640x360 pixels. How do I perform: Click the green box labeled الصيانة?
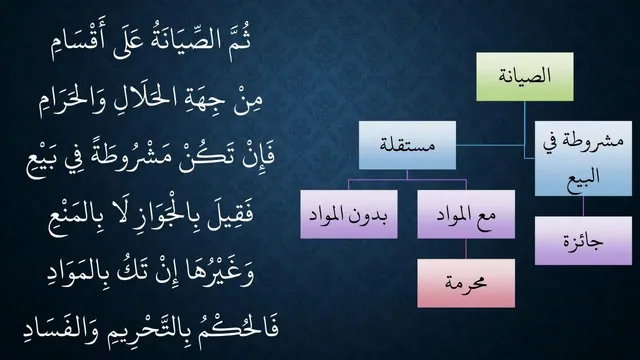(524, 77)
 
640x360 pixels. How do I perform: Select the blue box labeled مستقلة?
(407, 145)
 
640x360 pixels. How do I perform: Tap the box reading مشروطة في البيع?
(583, 158)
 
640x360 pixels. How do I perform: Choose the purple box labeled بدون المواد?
(349, 214)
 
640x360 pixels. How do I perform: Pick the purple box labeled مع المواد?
(466, 214)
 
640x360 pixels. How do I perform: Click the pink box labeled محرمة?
(466, 283)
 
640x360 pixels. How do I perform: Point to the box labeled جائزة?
(583, 241)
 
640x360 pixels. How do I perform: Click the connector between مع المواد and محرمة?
(466, 249)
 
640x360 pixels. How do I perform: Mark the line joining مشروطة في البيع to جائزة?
(583, 206)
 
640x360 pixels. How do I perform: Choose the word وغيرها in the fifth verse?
(220, 272)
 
